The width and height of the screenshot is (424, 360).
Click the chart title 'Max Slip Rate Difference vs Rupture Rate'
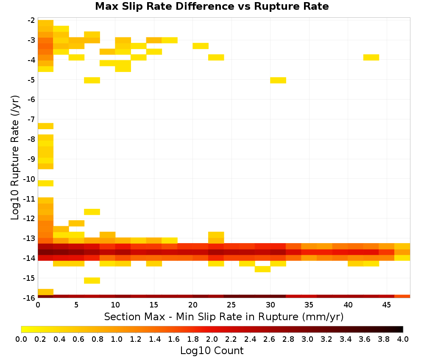pos(212,6)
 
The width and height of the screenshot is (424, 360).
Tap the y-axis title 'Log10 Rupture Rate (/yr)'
pos(15,158)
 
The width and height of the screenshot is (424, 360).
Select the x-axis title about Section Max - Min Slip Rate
pos(224,316)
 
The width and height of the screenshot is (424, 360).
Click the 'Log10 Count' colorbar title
pos(212,351)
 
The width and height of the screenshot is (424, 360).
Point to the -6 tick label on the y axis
pos(31,100)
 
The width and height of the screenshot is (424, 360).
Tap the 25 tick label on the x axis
pos(231,305)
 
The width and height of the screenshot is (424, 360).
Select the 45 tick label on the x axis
pos(386,305)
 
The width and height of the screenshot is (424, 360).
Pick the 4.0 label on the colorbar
pos(403,339)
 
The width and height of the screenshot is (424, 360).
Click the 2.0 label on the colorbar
pos(212,339)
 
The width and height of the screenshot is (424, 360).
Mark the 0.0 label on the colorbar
pos(21,339)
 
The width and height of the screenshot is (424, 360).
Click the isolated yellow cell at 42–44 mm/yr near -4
pos(371,57)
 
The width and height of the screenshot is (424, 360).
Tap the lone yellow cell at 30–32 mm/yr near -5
pos(278,80)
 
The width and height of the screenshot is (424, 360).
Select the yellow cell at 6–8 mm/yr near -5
pos(92,80)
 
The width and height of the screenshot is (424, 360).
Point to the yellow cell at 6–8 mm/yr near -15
pos(92,281)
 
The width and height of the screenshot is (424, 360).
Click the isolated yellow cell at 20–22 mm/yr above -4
pos(201,46)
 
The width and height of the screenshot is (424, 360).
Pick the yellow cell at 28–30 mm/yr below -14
pos(262,269)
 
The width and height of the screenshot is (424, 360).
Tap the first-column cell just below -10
pos(45,183)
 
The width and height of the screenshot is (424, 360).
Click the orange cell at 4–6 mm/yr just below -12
pos(76,223)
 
